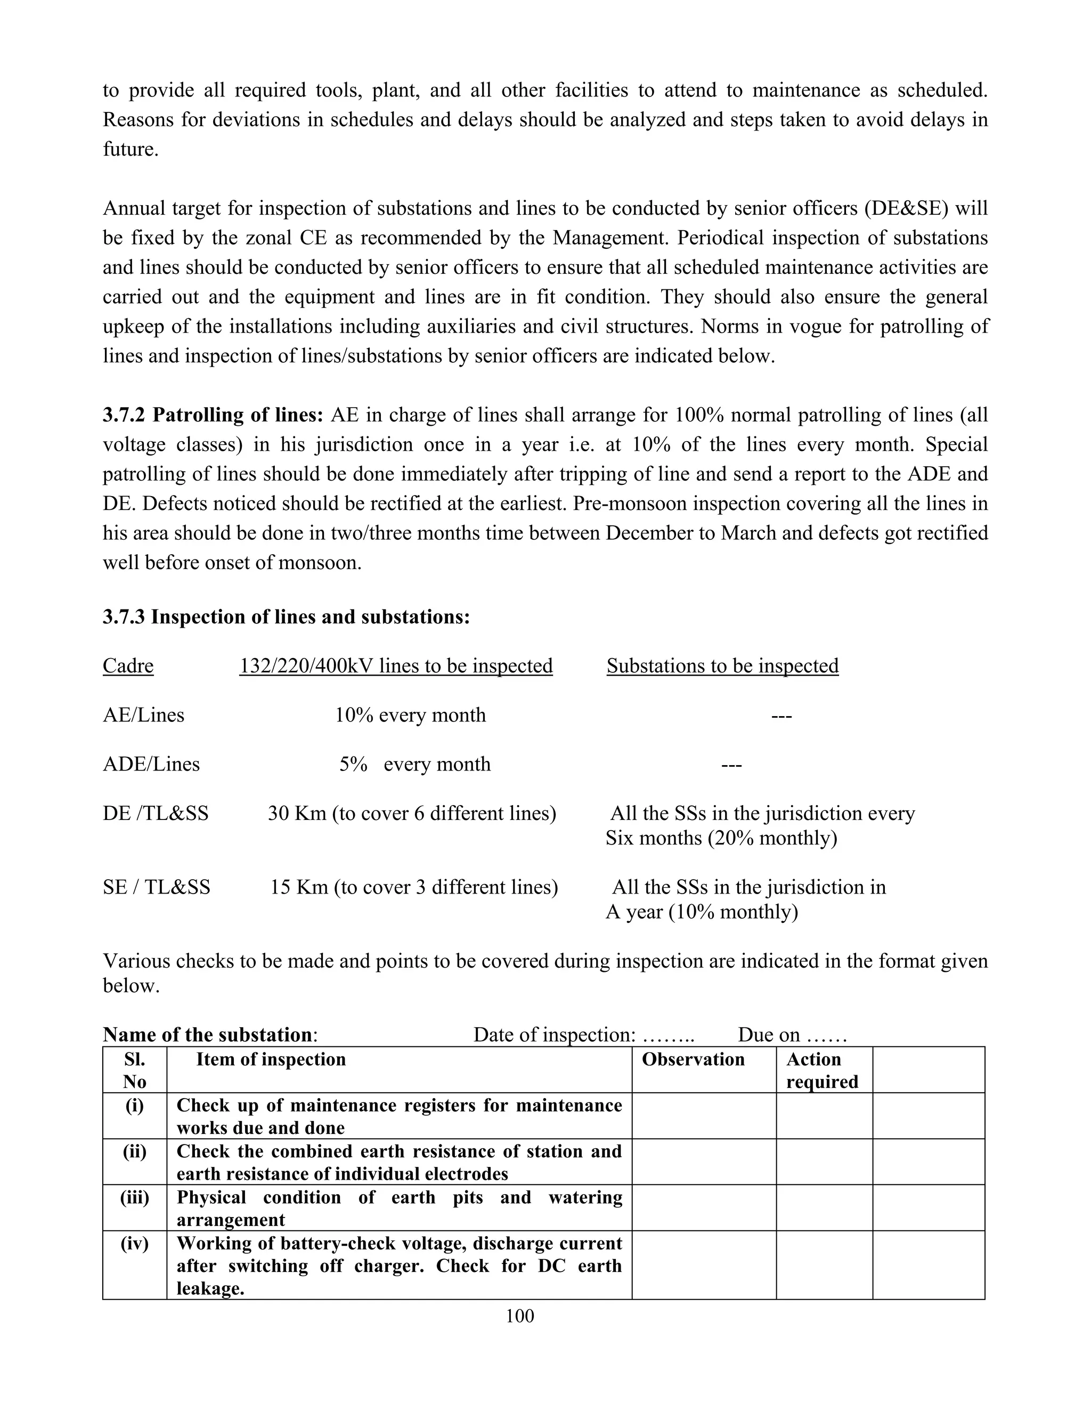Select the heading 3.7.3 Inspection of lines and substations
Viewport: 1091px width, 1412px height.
(286, 617)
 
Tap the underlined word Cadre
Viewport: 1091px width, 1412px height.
(128, 666)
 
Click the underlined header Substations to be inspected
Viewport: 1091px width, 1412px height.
(722, 666)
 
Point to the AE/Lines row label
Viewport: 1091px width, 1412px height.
(143, 715)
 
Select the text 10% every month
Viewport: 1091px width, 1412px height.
(410, 715)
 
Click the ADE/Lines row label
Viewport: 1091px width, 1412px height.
(151, 764)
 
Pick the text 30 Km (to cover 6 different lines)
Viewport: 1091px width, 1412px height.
(412, 813)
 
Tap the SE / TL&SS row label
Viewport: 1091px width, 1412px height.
(157, 887)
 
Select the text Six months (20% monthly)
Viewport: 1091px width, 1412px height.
(721, 838)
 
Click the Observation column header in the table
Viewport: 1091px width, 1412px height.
(693, 1059)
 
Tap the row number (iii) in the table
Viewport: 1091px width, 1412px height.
(134, 1197)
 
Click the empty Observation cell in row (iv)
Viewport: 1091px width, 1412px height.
(703, 1264)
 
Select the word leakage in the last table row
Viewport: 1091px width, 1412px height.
(209, 1288)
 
